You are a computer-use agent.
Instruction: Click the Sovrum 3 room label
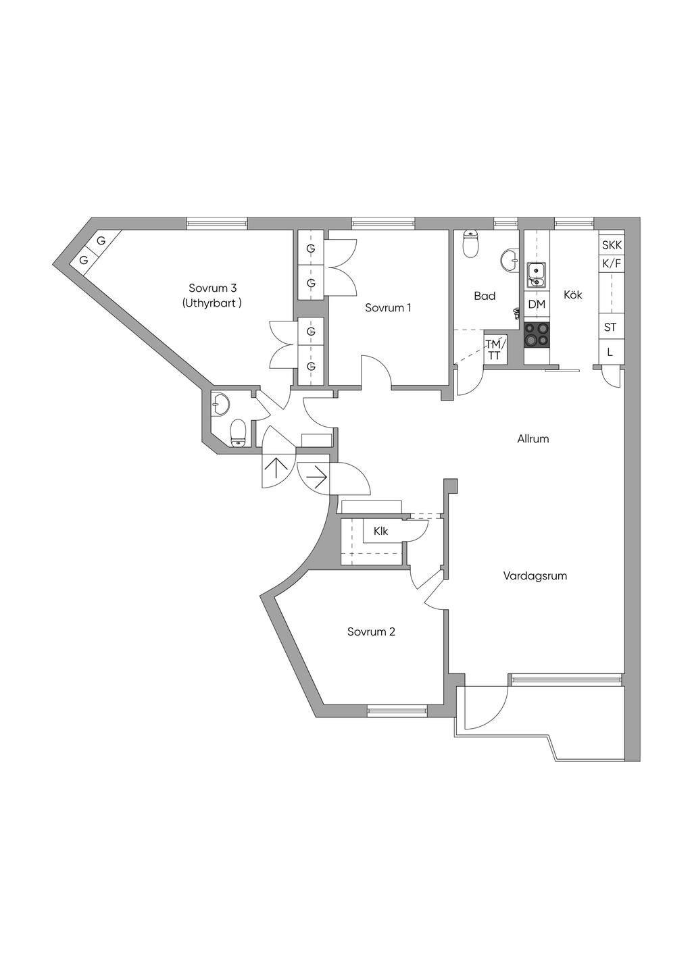click(212, 288)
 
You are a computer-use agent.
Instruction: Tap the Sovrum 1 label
click(388, 308)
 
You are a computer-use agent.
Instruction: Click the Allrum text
click(533, 439)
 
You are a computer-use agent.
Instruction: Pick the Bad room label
click(485, 296)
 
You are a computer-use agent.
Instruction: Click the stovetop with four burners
click(537, 334)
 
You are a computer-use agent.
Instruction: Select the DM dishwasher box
click(537, 305)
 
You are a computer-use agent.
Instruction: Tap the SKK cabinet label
click(612, 245)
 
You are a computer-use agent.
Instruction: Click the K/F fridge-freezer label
click(612, 263)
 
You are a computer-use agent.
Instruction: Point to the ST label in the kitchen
click(610, 327)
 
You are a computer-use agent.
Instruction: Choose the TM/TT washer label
click(496, 350)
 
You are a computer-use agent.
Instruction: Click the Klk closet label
click(380, 532)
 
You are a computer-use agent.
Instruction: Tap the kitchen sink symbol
click(536, 276)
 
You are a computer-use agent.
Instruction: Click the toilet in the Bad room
click(470, 244)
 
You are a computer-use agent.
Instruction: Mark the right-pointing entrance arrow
click(317, 478)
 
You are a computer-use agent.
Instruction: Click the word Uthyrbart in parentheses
click(212, 303)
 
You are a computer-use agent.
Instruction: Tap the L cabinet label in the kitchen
click(610, 352)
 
